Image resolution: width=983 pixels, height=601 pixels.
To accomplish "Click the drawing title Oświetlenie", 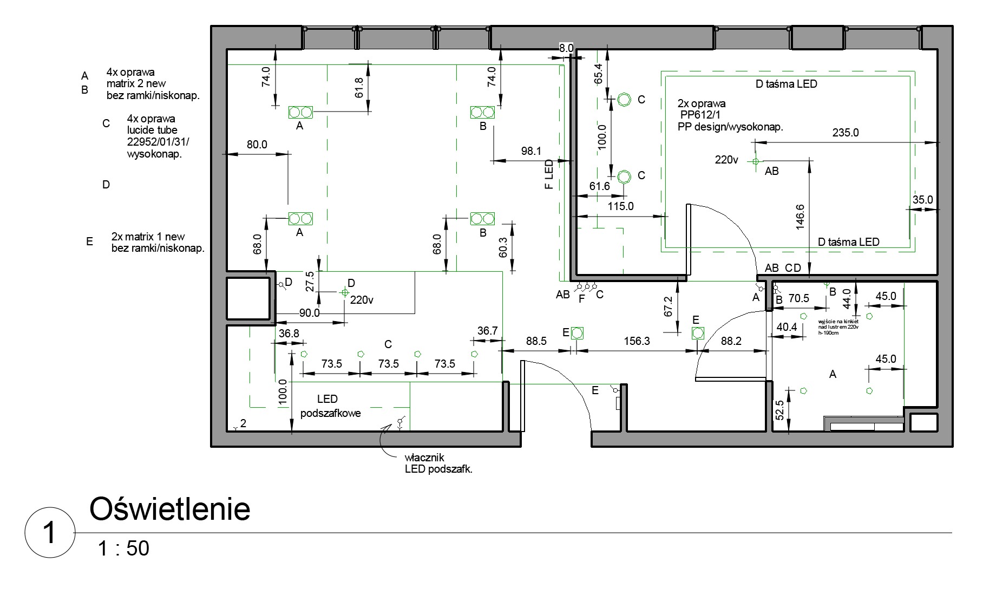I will pos(169,509).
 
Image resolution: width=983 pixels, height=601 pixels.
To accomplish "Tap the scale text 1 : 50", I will pos(123,548).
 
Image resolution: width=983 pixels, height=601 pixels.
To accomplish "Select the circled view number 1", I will pos(49,533).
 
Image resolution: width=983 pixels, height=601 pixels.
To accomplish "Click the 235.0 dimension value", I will pos(846,133).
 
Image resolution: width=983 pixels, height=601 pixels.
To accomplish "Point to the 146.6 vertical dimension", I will pos(801,217).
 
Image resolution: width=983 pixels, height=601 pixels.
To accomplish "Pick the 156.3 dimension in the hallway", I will pos(637,341).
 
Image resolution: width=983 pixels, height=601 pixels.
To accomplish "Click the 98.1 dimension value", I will pos(531,152).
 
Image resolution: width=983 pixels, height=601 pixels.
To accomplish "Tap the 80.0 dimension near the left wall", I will pos(257,145).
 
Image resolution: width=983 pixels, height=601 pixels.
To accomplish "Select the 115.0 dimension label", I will pos(620,206).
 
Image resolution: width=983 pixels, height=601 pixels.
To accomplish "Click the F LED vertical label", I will pos(549,174).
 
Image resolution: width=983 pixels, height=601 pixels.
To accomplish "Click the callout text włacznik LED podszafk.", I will pos(438,464).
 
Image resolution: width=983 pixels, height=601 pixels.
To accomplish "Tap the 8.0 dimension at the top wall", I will pos(566,48).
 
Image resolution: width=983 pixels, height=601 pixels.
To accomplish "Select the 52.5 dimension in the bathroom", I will pos(779,410).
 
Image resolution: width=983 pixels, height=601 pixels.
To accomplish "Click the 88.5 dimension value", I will pos(536,341).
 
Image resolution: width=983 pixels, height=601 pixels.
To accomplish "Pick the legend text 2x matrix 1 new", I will pos(148,237).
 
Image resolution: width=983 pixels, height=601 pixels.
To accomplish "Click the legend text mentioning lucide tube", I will pos(152,130).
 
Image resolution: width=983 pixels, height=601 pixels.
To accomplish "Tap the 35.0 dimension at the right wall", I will pos(922,200).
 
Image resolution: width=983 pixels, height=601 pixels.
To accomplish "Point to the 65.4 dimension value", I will pos(598,74).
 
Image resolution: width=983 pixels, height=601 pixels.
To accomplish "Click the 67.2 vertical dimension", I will pos(668,306).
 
